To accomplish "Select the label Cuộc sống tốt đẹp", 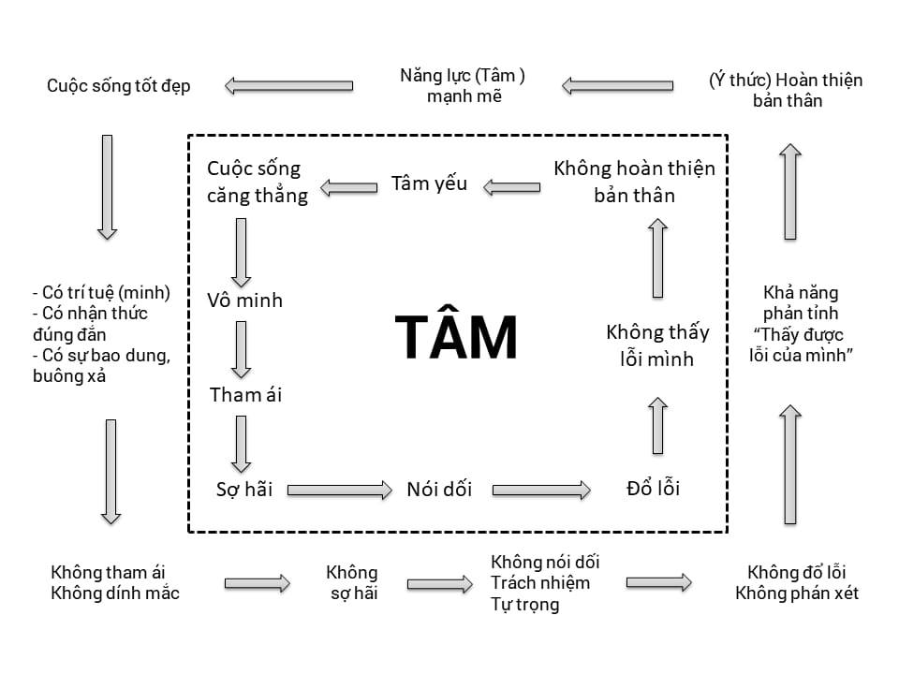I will point(119,86).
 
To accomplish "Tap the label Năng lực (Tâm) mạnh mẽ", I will point(463,86).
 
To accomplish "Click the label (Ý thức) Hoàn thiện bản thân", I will point(787,90).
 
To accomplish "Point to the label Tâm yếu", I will point(429,183).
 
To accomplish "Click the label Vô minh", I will point(244,301).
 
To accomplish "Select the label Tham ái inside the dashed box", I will point(245,395).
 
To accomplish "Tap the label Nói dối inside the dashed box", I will point(439,490).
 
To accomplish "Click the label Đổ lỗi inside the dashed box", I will point(653,489).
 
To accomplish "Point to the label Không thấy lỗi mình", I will point(657,344).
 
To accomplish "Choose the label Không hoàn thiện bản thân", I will point(634,182).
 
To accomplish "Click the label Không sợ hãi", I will point(352,582).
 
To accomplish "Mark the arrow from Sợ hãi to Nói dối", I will point(339,490).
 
